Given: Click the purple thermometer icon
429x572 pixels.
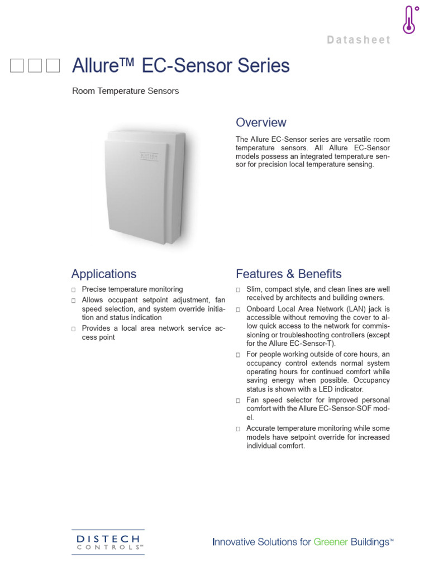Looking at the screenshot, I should (411, 20).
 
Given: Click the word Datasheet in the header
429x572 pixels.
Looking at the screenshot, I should (358, 40).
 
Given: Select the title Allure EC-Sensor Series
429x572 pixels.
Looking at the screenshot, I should (181, 66).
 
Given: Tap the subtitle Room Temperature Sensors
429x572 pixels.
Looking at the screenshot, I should (125, 90).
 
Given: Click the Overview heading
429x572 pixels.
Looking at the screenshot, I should (261, 122).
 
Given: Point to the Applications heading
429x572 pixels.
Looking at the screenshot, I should (103, 274).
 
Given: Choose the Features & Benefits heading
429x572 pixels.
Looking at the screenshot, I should (288, 274).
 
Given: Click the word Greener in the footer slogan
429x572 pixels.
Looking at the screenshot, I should (333, 542).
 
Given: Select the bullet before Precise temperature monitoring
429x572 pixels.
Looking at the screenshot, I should (74, 290).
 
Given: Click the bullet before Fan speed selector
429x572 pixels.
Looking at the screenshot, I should (238, 401).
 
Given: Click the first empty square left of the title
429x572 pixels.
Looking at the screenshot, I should (17, 66).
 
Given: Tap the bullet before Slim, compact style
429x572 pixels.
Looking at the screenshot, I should (238, 290).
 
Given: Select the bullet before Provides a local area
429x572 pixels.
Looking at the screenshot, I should (74, 329).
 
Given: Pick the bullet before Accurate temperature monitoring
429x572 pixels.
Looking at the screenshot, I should (238, 428).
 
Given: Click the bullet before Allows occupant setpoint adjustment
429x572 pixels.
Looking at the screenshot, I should (74, 301).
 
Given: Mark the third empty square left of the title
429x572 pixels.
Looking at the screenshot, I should (53, 66).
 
